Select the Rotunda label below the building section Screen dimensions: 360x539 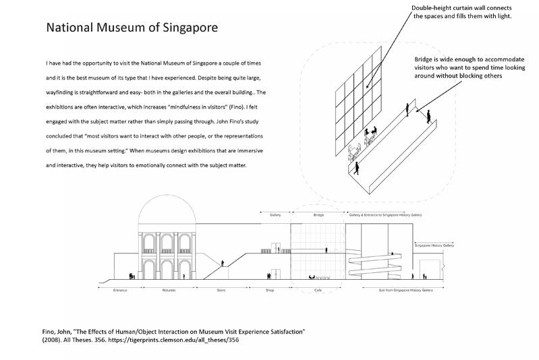tap(169, 290)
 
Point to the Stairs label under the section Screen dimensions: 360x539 tap(221, 290)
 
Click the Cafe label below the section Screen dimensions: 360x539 tap(318, 290)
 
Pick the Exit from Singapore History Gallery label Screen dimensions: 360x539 tap(402, 290)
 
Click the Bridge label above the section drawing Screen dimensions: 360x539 tap(318, 215)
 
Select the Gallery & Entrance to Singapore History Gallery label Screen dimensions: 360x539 tap(385, 215)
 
